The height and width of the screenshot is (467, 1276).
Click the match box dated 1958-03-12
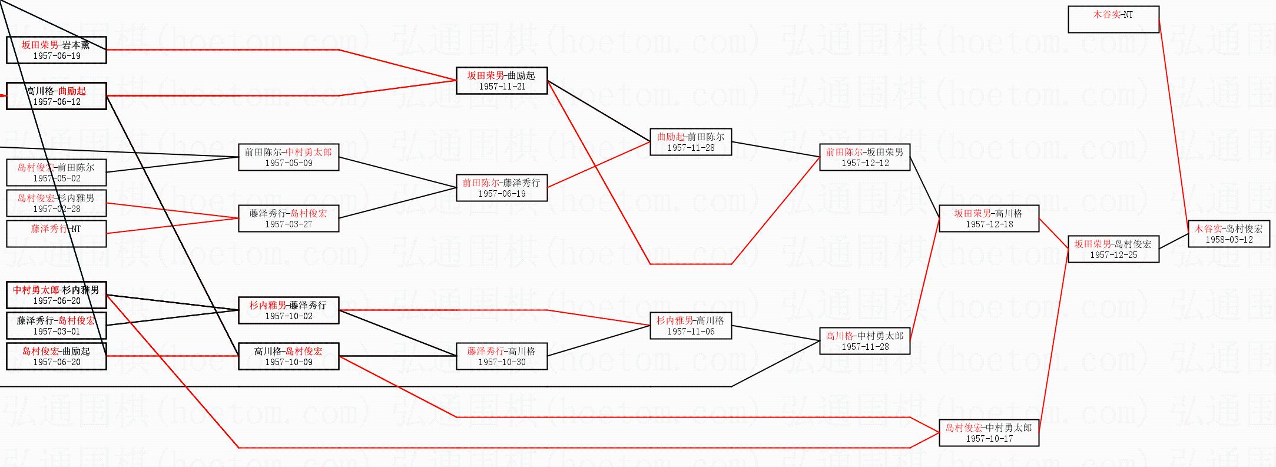(x=1228, y=234)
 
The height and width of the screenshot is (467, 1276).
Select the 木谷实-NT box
(x=1113, y=19)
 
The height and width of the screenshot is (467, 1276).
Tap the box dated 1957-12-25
(x=1113, y=249)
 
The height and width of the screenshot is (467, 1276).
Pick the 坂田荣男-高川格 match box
(x=989, y=218)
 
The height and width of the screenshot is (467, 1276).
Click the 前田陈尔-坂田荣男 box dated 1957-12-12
(x=864, y=157)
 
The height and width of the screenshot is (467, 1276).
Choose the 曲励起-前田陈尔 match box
(x=691, y=142)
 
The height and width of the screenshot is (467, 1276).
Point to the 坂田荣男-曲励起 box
(x=502, y=81)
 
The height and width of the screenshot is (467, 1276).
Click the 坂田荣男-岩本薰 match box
(x=57, y=50)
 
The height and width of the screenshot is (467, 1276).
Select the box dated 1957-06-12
(x=57, y=96)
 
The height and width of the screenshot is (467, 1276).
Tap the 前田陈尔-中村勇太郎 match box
(x=289, y=157)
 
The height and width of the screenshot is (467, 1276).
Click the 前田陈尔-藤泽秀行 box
(x=502, y=188)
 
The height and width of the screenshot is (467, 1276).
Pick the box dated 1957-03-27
(x=289, y=218)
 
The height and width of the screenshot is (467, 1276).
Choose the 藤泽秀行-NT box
(x=57, y=234)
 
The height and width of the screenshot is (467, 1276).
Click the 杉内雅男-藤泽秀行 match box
(x=289, y=310)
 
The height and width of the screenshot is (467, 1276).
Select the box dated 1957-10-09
(x=289, y=356)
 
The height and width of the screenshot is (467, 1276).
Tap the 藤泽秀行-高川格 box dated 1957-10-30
(x=502, y=356)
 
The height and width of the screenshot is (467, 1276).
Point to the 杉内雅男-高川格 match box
(x=691, y=326)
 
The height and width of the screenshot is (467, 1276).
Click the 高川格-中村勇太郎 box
(x=864, y=341)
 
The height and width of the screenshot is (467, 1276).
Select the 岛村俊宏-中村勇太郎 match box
(x=989, y=433)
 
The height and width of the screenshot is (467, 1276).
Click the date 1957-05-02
(x=57, y=178)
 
